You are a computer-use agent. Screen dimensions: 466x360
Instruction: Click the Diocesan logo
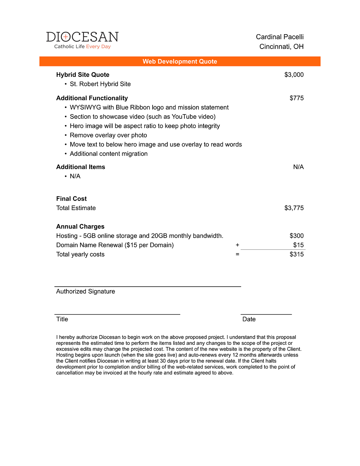click(x=82, y=40)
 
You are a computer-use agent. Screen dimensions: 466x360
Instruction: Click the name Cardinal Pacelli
click(x=280, y=37)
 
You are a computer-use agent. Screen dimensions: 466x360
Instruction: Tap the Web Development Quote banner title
click(x=180, y=61)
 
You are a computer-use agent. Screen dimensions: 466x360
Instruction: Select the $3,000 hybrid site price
click(x=294, y=75)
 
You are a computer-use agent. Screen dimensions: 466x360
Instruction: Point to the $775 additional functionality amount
click(x=297, y=98)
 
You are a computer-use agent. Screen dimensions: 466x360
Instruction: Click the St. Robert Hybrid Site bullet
click(x=100, y=84)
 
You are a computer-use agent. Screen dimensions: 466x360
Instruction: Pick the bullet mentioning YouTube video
click(x=143, y=116)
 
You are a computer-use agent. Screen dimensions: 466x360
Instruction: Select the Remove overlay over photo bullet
click(x=108, y=135)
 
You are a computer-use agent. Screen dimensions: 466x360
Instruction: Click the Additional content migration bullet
click(x=109, y=154)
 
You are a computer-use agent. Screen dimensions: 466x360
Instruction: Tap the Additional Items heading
click(x=80, y=167)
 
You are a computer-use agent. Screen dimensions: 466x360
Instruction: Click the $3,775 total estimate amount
click(x=294, y=208)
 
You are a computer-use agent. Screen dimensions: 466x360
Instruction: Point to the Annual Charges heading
click(x=80, y=226)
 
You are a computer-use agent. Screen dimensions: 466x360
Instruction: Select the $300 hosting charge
click(x=297, y=236)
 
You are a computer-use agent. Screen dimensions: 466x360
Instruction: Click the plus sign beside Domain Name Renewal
click(x=237, y=245)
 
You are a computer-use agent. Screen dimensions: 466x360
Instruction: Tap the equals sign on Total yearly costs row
click(x=237, y=254)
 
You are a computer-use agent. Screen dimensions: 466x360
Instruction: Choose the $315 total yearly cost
click(x=297, y=254)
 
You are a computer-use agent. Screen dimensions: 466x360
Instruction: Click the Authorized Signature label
click(x=85, y=291)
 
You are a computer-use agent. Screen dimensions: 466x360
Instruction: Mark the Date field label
click(x=249, y=319)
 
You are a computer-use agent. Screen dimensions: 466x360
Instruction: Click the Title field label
click(x=62, y=319)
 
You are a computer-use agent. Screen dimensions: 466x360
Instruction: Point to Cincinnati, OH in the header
click(x=282, y=47)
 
